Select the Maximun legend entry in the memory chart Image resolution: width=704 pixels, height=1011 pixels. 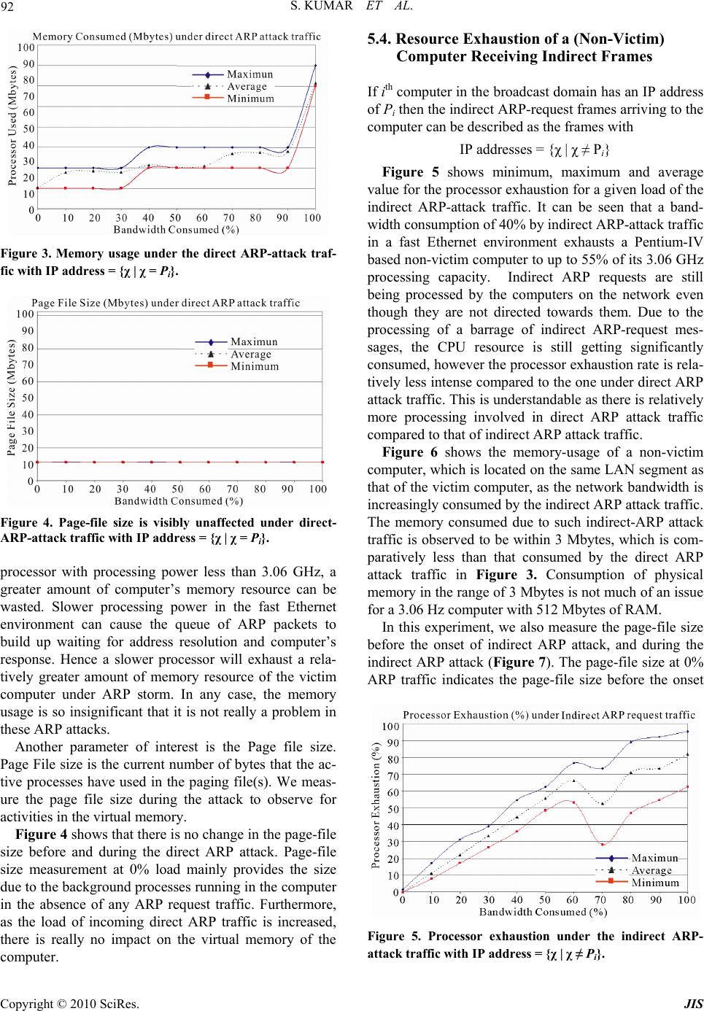(x=250, y=74)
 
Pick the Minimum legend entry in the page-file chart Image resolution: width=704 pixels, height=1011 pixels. (x=255, y=366)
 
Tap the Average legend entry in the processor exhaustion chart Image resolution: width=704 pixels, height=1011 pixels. (x=651, y=870)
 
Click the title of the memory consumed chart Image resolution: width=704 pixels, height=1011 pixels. (x=177, y=36)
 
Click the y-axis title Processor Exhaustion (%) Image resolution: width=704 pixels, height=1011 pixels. (x=376, y=805)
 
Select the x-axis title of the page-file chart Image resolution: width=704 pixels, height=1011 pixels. (x=179, y=500)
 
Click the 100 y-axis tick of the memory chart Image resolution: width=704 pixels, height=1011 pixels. (x=26, y=47)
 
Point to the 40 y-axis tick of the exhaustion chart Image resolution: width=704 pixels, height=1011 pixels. (x=392, y=825)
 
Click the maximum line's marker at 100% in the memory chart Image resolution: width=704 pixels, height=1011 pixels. (x=315, y=66)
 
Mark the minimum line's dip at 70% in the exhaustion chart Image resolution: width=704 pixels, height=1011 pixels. (x=603, y=845)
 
